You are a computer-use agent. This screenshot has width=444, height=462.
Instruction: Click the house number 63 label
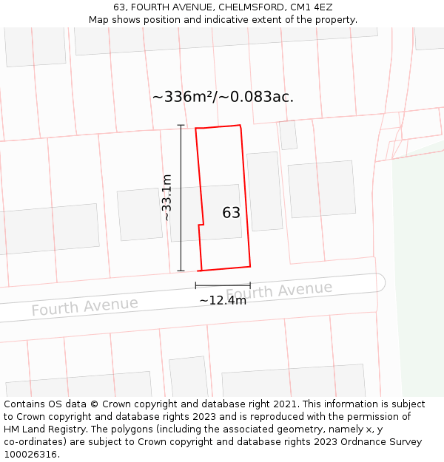231,213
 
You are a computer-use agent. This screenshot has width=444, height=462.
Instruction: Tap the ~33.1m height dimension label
167,197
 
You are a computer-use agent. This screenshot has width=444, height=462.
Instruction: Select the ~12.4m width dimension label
223,300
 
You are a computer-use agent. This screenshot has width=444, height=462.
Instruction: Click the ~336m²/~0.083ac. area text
223,97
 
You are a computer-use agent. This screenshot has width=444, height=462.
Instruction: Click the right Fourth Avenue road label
279,291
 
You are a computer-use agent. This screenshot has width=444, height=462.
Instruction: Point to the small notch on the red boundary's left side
201,224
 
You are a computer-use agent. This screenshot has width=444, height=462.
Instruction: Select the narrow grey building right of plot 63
264,191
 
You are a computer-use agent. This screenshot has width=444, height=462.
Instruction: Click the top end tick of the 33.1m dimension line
181,125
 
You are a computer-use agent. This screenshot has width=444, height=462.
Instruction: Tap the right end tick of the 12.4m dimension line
250,285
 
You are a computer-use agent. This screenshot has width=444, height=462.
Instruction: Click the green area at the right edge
418,259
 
